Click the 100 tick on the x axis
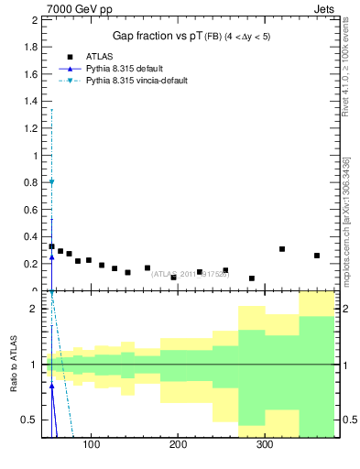(x=91, y=445)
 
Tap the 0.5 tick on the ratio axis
(x=33, y=420)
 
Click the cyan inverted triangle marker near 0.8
(x=51, y=181)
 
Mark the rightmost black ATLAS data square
(x=317, y=256)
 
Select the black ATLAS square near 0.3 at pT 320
(x=282, y=249)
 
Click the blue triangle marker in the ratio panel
(x=51, y=387)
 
